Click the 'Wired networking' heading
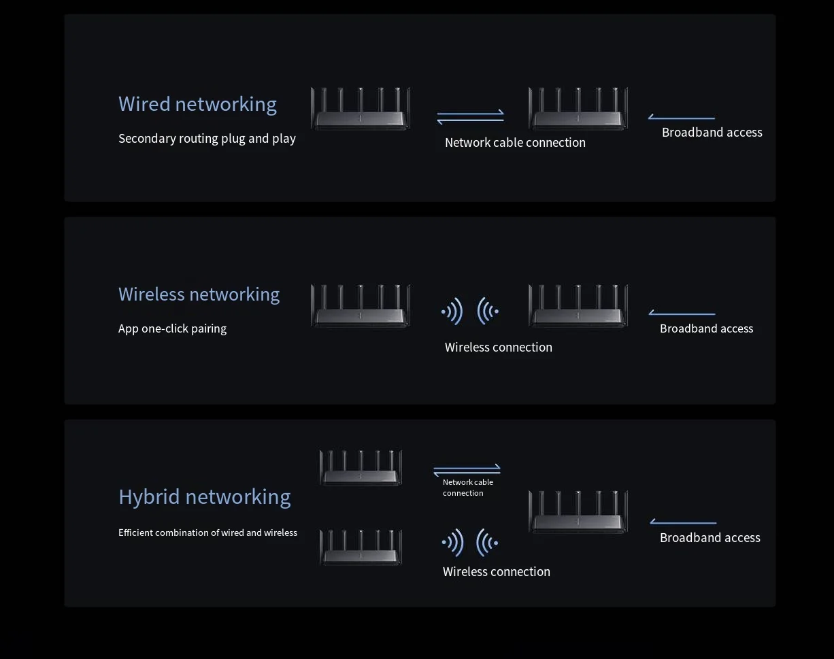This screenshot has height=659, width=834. pos(197,104)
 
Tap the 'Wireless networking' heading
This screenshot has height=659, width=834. pos(199,294)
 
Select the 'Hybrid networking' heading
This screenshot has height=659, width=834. pos(204,497)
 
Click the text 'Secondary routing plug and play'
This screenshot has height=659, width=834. pos(207,139)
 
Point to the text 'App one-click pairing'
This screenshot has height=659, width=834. pos(172,328)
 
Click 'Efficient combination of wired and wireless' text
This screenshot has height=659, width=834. pos(207,533)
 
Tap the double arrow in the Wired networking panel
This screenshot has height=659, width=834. pos(470,117)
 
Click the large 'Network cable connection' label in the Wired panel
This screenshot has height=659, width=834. pos(515,143)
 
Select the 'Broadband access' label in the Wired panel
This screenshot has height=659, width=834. pos(712,133)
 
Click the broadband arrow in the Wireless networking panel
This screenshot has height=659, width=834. pos(682,314)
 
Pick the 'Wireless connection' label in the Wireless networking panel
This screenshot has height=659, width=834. pos(498,348)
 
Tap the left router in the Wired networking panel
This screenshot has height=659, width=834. pos(361,109)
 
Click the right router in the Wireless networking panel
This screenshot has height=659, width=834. pos(578,306)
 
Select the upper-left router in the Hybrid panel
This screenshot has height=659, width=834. pos(361,468)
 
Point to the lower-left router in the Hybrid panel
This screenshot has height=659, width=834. pos(361,547)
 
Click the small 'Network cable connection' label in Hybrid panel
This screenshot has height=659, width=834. pos(467,488)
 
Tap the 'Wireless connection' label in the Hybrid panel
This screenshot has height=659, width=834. pos(496,572)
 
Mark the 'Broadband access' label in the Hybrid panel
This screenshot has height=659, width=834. pos(710,538)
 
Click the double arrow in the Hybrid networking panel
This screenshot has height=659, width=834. pos(467,470)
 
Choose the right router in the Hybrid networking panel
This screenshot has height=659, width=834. pos(578,512)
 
